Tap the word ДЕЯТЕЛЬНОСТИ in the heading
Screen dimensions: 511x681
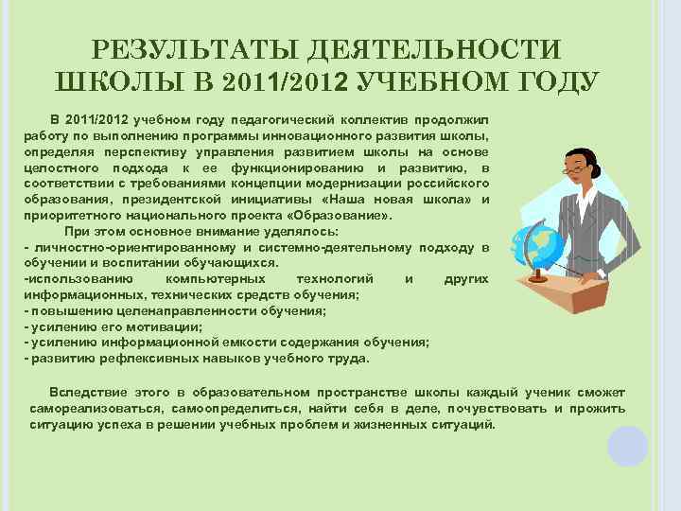click(436, 50)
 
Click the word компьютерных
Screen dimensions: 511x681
click(207, 279)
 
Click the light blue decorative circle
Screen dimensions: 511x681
click(627, 446)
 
